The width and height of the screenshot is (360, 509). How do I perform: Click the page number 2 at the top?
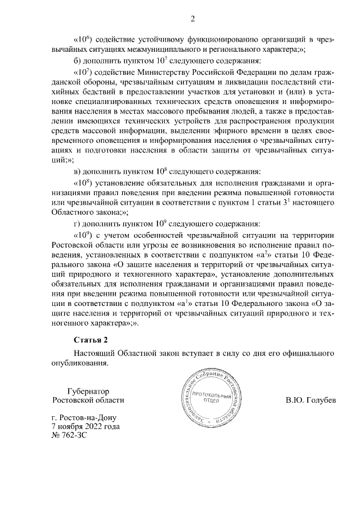pos(192,20)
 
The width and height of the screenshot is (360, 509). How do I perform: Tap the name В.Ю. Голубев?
pos(310,400)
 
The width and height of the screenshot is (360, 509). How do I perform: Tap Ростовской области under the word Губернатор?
pos(87,400)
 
